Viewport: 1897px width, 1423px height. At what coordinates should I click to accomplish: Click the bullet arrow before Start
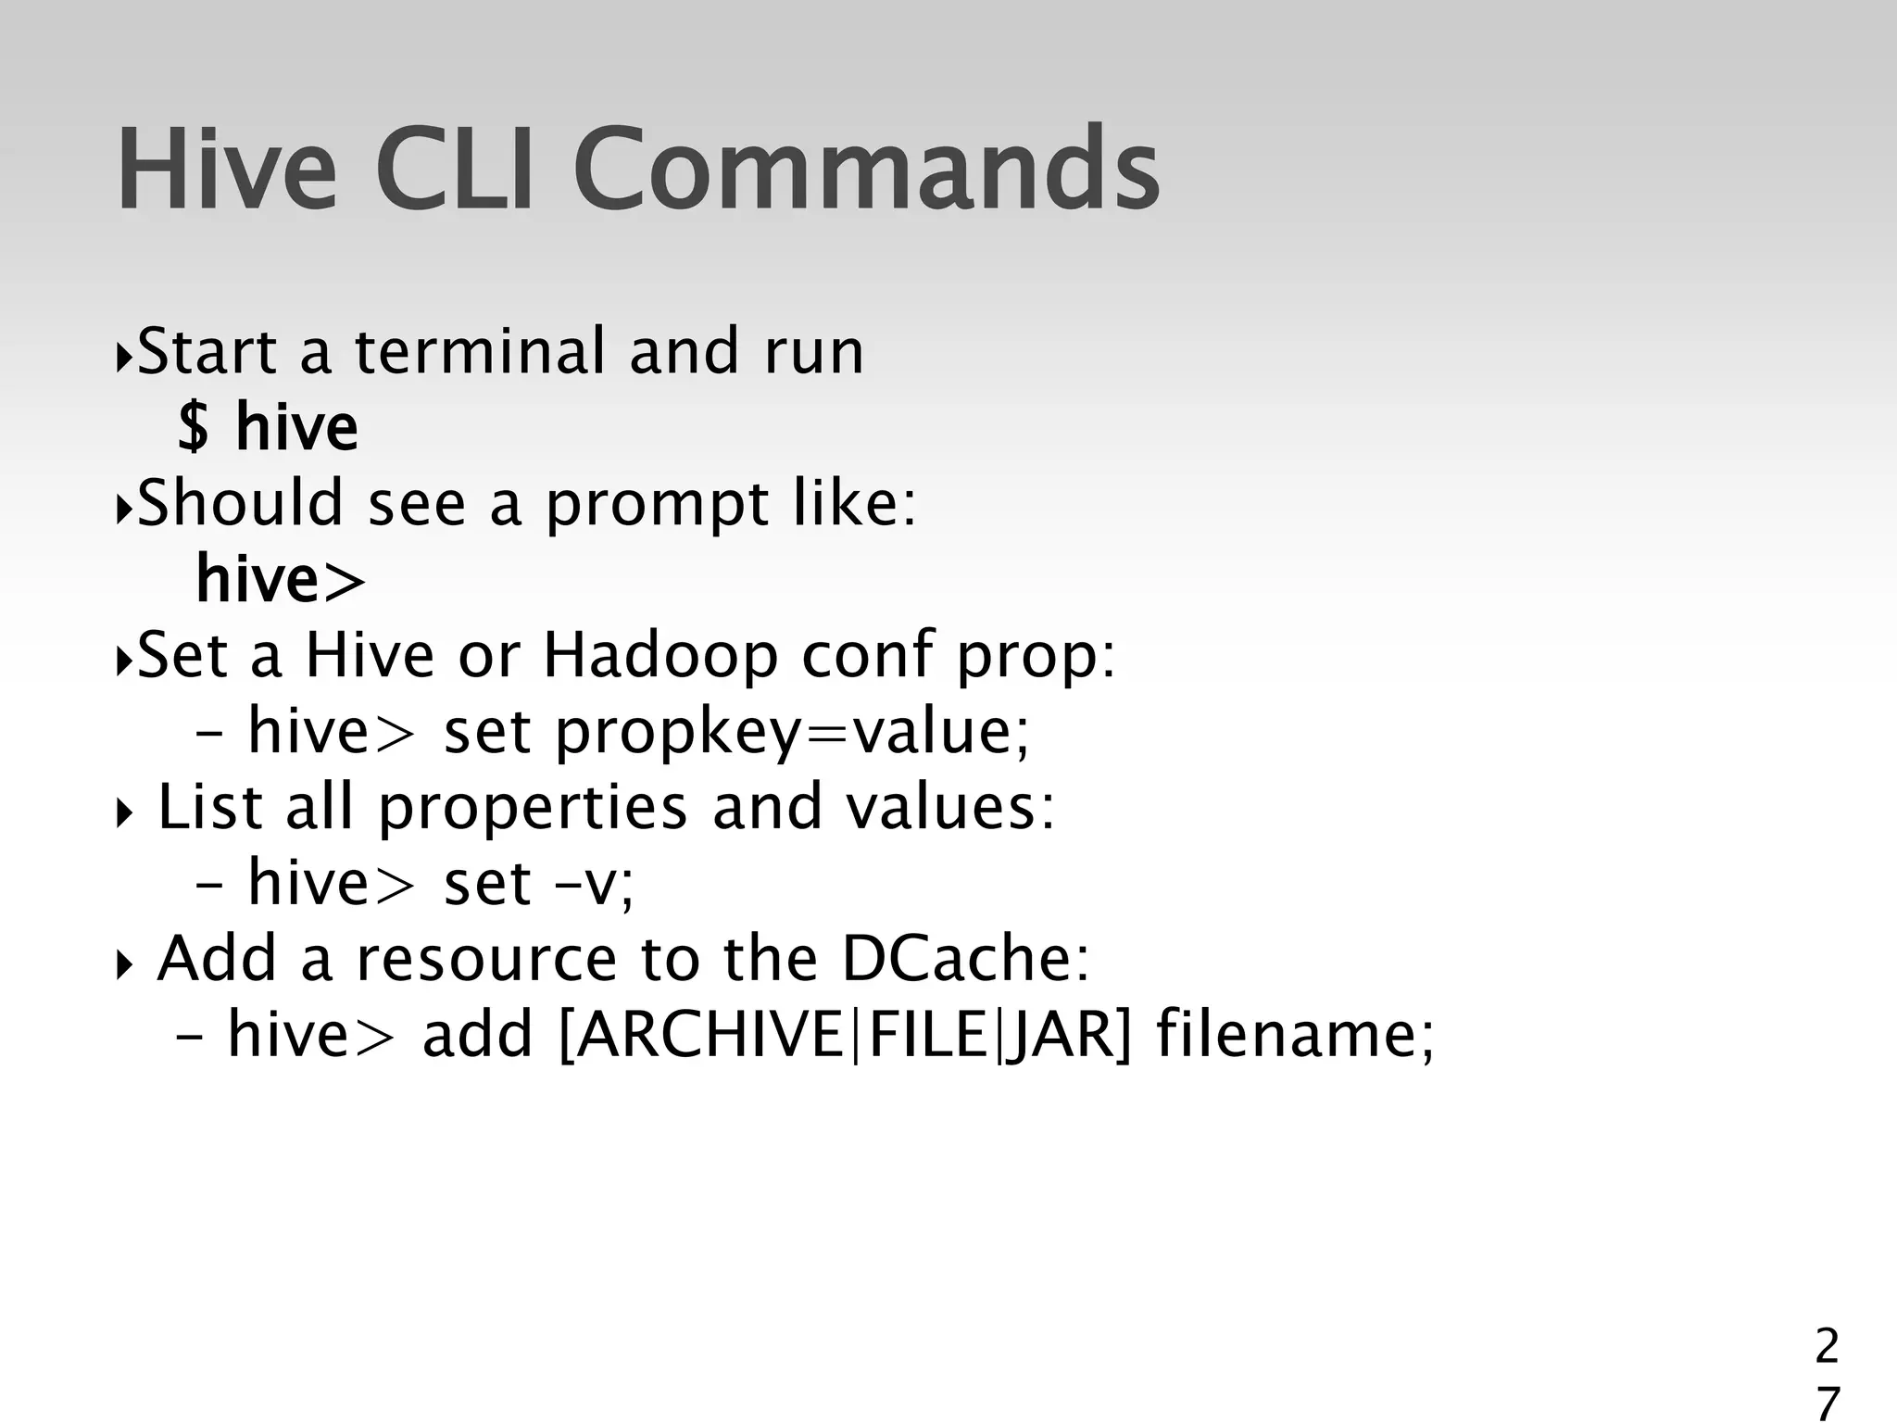coord(123,356)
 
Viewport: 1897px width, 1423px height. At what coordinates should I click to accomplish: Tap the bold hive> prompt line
coord(281,580)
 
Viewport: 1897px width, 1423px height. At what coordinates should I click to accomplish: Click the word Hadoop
coord(660,656)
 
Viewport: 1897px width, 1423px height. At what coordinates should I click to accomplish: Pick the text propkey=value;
coord(793,732)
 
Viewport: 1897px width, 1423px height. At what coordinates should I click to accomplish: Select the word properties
coord(533,808)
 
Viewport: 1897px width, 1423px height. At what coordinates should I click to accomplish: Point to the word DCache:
coord(966,959)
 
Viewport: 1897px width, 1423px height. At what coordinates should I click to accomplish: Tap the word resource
coord(486,959)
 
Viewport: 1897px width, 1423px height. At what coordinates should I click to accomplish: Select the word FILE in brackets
coord(927,1035)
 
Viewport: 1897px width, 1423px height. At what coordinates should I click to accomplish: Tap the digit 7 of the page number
coord(1826,1403)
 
